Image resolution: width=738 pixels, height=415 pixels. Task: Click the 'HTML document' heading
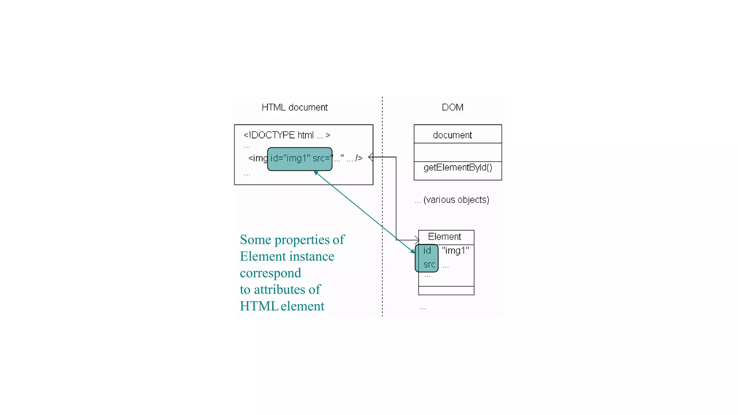pyautogui.click(x=294, y=107)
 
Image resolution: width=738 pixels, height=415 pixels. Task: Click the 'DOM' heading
pyautogui.click(x=452, y=107)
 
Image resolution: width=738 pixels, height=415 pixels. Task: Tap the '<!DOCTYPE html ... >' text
pyautogui.click(x=286, y=135)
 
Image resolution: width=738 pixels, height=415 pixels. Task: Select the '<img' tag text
pyautogui.click(x=257, y=158)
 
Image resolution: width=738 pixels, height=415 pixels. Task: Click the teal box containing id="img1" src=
pyautogui.click(x=299, y=159)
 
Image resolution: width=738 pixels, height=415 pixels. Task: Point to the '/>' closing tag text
pyautogui.click(x=359, y=158)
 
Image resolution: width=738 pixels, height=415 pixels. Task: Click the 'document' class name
pyautogui.click(x=452, y=135)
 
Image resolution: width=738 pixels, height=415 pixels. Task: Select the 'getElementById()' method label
pyautogui.click(x=458, y=168)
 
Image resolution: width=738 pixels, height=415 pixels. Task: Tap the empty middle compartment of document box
pyautogui.click(x=458, y=152)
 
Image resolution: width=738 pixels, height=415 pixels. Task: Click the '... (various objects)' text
pyautogui.click(x=452, y=200)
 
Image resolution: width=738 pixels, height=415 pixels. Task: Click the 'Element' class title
pyautogui.click(x=444, y=237)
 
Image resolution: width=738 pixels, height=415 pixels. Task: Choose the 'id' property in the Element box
pyautogui.click(x=427, y=251)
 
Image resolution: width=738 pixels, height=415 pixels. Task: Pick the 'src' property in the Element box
pyautogui.click(x=429, y=265)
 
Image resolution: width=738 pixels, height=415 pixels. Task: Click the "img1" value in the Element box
pyautogui.click(x=455, y=251)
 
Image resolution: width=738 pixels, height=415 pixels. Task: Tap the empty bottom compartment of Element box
pyautogui.click(x=446, y=291)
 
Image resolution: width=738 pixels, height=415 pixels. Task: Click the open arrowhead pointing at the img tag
pyautogui.click(x=371, y=157)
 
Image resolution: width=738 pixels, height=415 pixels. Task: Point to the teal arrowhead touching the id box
pyautogui.click(x=413, y=251)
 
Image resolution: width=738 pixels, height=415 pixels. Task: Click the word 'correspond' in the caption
pyautogui.click(x=270, y=273)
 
